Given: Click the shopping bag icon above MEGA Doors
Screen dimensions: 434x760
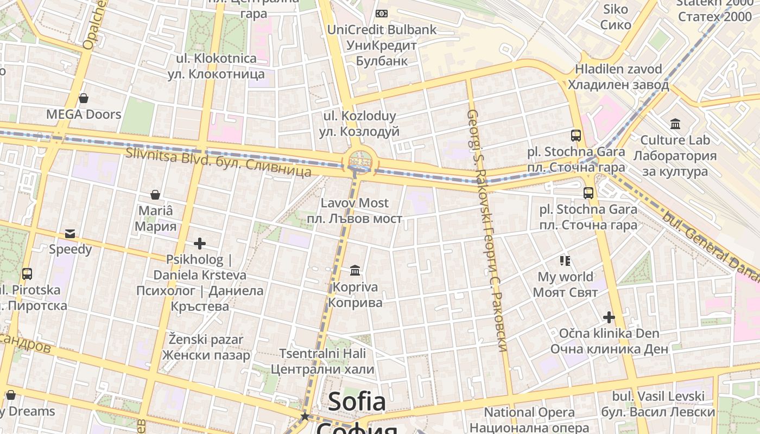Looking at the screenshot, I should click(x=84, y=98).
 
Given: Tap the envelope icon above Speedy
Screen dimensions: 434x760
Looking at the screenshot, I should click(x=70, y=234).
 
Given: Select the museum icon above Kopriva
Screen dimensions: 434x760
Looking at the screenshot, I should click(x=355, y=270).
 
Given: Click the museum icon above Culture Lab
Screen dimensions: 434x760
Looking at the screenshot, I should click(x=675, y=124).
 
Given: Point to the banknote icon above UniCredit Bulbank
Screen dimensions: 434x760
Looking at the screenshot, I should click(x=382, y=14).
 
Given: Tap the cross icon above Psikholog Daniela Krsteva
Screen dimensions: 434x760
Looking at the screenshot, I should click(x=200, y=244).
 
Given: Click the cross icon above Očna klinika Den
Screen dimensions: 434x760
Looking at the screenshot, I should click(x=609, y=317).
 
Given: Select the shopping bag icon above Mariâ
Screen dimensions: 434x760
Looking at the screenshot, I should click(x=155, y=195).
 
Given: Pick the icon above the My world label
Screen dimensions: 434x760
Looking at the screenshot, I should click(x=565, y=261).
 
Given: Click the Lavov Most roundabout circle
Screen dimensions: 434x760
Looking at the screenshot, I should click(x=359, y=161).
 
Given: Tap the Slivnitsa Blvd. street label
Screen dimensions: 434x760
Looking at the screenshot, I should click(x=218, y=162).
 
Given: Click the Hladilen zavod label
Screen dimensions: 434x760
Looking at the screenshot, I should click(x=618, y=77).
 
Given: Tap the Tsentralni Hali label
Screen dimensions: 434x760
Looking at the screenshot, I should click(x=322, y=361).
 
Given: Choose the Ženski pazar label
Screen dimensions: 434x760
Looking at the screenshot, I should click(x=206, y=347).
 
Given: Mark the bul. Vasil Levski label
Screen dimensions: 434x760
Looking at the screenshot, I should click(x=663, y=404).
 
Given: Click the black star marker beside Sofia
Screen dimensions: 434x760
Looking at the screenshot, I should click(x=305, y=416).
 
